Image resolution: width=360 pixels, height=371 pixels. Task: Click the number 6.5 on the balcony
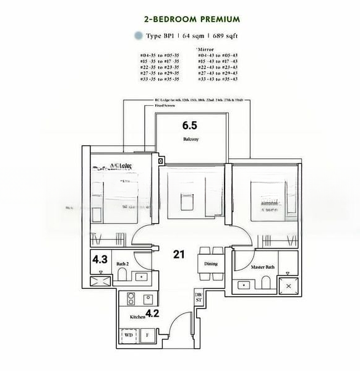click(190, 126)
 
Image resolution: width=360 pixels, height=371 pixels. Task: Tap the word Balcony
click(190, 140)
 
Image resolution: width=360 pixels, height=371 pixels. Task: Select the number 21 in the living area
click(180, 254)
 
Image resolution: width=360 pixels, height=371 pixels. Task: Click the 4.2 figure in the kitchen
click(153, 313)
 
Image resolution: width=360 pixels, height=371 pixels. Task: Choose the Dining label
click(211, 263)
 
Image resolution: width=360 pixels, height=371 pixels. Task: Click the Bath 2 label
click(122, 263)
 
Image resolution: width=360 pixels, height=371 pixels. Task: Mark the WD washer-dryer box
click(129, 335)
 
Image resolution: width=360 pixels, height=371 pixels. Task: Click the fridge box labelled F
click(147, 335)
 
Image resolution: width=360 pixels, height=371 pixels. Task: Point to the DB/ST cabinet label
click(199, 297)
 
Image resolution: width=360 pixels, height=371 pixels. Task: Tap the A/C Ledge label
click(121, 165)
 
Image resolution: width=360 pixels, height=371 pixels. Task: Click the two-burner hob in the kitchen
click(131, 299)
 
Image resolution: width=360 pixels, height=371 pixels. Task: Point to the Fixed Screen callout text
click(163, 106)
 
